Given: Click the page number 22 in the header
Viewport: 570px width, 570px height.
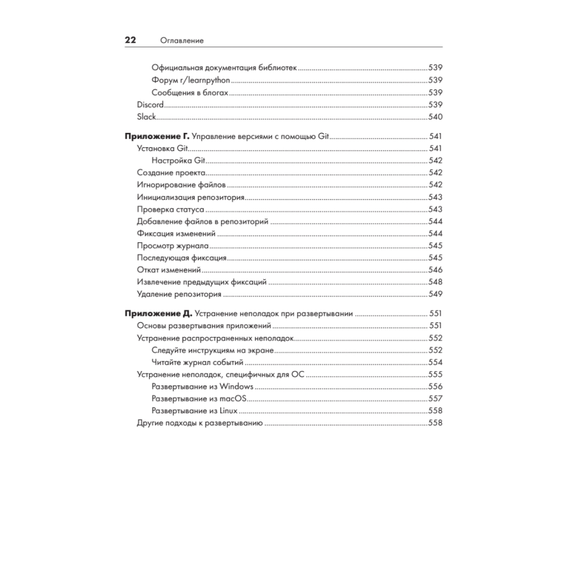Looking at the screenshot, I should click(x=131, y=40).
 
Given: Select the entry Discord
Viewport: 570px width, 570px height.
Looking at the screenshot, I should click(x=150, y=105).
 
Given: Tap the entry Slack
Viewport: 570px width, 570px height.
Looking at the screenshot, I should click(x=146, y=117).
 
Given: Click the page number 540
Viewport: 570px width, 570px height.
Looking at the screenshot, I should click(x=435, y=117).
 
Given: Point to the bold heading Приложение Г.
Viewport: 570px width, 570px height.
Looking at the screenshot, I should click(x=157, y=137).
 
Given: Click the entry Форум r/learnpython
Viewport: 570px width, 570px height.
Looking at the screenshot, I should click(x=191, y=80).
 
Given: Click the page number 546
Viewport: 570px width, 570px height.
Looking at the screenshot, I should click(x=435, y=270).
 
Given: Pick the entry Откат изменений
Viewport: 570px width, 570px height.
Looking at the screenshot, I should click(x=169, y=270).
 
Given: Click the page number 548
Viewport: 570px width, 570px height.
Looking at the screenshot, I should click(x=435, y=282).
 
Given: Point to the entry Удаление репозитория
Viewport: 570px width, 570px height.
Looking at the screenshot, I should click(x=179, y=295).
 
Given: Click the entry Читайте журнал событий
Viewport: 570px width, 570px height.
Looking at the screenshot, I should click(x=198, y=363).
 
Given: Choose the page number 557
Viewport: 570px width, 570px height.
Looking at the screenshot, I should click(x=435, y=398).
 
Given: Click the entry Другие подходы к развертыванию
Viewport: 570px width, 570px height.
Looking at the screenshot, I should click(x=199, y=424).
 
